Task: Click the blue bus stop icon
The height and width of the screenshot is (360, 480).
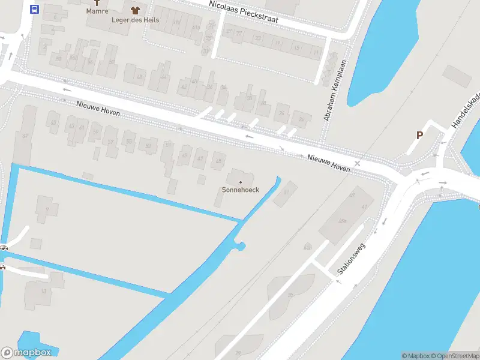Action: pyautogui.click(x=34, y=9)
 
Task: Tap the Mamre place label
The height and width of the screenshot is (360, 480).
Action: pyautogui.click(x=97, y=11)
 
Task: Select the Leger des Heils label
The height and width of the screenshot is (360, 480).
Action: pyautogui.click(x=135, y=19)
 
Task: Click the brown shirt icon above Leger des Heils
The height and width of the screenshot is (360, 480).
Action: pyautogui.click(x=135, y=9)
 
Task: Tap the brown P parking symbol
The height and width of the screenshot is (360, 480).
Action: pyautogui.click(x=419, y=135)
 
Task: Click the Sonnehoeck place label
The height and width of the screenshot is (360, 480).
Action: pyautogui.click(x=241, y=190)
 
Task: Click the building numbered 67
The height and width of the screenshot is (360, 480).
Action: pyautogui.click(x=25, y=136)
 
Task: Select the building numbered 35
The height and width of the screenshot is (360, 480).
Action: pyautogui.click(x=290, y=295)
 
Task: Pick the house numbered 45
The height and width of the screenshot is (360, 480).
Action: pyautogui.click(x=218, y=161)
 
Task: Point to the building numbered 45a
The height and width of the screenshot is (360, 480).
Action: pyautogui.click(x=343, y=221)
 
